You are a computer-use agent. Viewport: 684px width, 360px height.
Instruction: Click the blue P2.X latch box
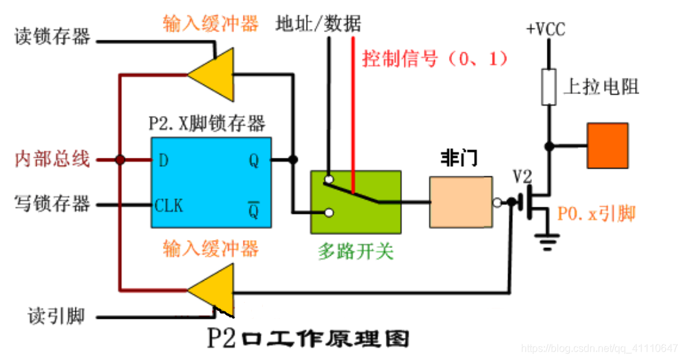[x=211, y=182]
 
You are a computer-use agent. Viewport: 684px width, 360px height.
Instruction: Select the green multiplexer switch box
[x=356, y=202]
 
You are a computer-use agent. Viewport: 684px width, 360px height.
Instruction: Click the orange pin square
[x=607, y=146]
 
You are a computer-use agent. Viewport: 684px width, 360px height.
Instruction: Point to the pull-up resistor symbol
[x=548, y=87]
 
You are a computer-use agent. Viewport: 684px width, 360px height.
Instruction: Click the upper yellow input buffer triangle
[x=210, y=73]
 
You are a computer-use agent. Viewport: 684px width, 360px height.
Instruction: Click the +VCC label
[x=546, y=30]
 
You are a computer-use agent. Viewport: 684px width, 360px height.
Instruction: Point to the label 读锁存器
[x=52, y=37]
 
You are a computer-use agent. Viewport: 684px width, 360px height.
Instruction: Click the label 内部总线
[x=52, y=159]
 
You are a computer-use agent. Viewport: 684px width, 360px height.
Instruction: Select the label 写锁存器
[x=52, y=205]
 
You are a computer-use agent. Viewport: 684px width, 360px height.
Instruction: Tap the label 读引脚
[x=57, y=316]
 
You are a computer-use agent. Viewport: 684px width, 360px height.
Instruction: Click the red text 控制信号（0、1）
[x=435, y=59]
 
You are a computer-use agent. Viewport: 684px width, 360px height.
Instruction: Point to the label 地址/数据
[x=318, y=24]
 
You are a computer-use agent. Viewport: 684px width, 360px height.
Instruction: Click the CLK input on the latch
[x=169, y=206]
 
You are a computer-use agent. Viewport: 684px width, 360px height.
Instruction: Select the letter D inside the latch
[x=163, y=160]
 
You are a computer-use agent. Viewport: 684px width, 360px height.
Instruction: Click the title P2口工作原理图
[x=307, y=338]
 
